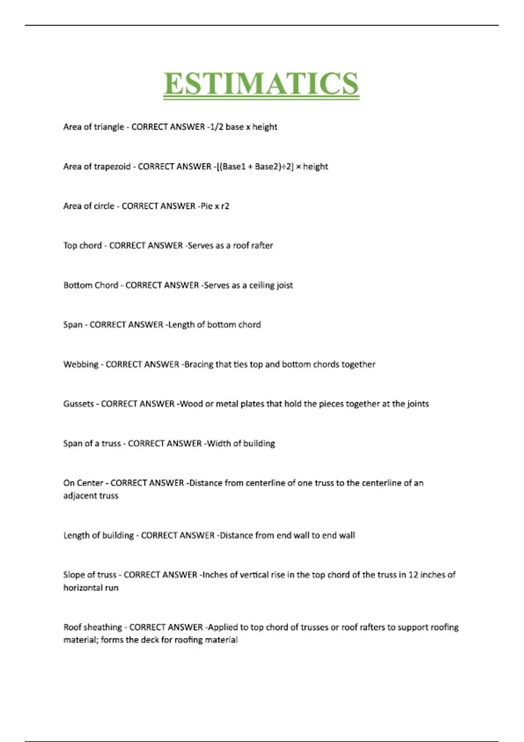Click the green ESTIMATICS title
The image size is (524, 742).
261,84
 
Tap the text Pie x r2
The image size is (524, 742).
215,206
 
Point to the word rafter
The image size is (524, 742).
262,246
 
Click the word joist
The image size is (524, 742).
284,285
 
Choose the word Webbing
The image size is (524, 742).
81,365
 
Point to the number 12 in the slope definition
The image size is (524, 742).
413,575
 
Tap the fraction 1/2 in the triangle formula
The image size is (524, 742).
216,127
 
